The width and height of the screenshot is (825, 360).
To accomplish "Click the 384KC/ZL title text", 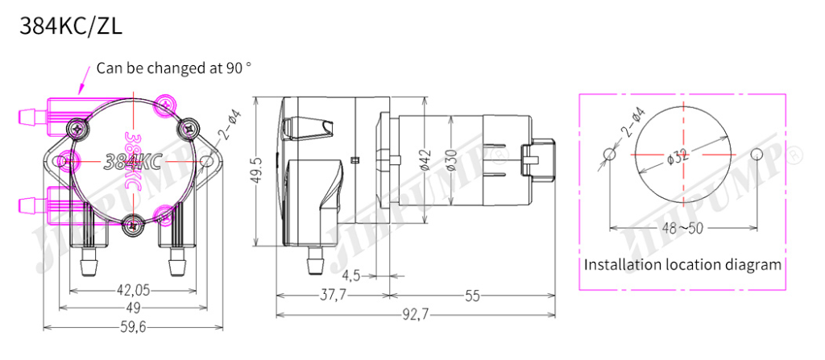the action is coord(71,27).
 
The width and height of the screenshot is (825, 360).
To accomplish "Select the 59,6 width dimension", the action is coord(133,327).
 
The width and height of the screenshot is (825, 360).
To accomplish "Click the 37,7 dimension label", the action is coord(333,296).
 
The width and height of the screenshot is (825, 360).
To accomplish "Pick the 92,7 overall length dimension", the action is coord(415,315).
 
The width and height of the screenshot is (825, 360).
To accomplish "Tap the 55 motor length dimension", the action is coord(472,296).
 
